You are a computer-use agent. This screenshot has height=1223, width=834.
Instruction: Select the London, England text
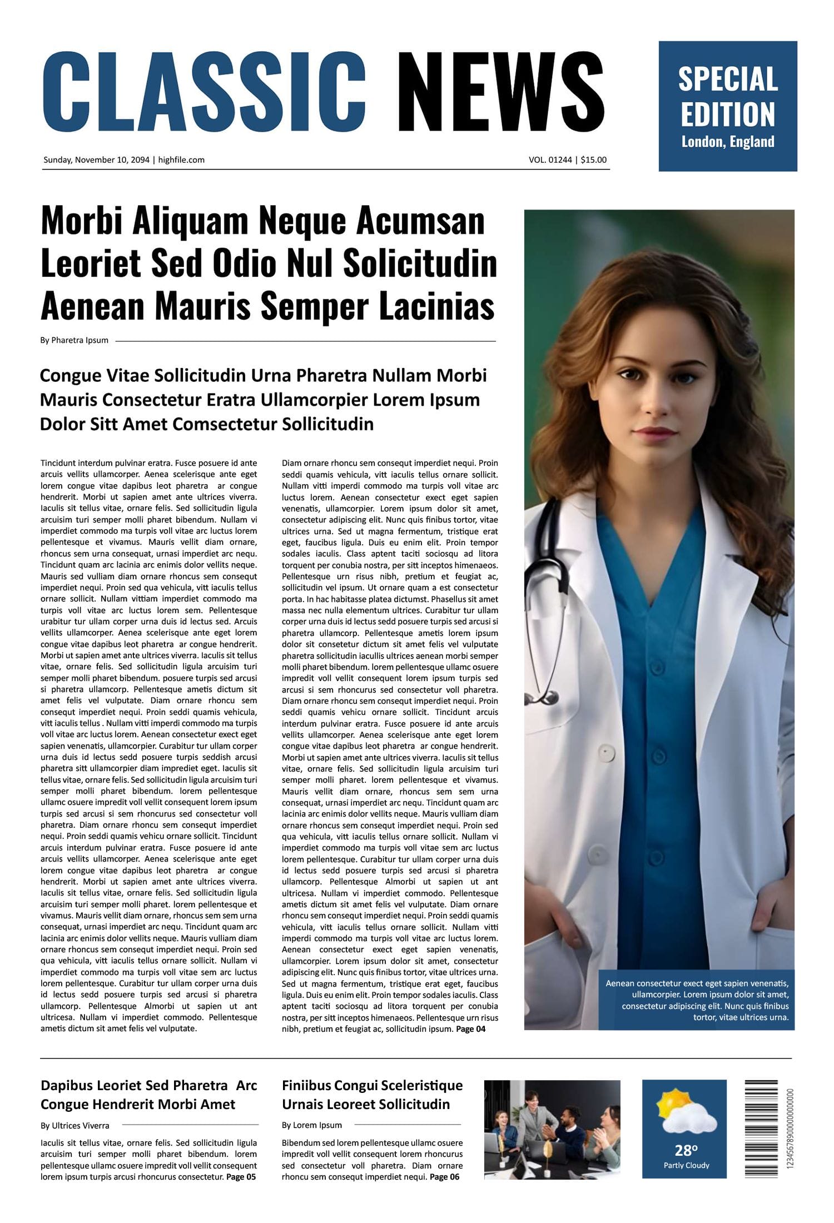tap(727, 142)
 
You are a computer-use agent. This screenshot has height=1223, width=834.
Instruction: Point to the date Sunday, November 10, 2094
tap(96, 160)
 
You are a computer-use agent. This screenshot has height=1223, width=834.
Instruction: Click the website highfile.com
tap(181, 160)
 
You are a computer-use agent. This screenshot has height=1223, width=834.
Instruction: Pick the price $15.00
tap(593, 160)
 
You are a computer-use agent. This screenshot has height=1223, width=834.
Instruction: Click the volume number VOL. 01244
tap(550, 160)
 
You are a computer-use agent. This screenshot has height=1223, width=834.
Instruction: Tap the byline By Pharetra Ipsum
tap(74, 340)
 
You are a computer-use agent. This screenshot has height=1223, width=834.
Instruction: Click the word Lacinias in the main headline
tap(436, 306)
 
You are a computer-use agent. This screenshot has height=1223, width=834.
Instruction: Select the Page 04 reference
tap(470, 1029)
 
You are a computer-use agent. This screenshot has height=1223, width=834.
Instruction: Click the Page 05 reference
tap(241, 1177)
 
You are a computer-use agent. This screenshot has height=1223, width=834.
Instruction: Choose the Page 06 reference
tap(444, 1177)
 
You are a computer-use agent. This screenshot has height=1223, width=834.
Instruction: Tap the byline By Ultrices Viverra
tap(75, 1126)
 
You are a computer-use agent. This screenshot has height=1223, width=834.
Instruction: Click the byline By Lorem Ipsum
tap(311, 1125)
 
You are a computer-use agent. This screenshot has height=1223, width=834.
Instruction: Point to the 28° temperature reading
tap(686, 1150)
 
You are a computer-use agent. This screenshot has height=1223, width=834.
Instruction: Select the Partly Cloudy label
tap(686, 1166)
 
